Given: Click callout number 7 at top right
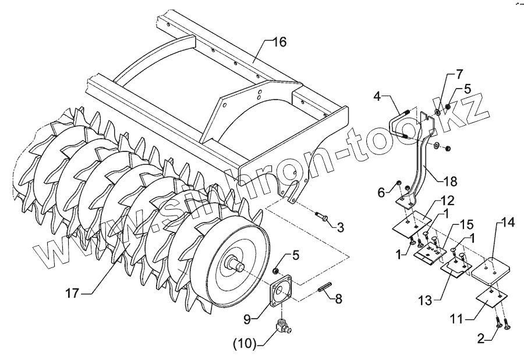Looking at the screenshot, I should [x=459, y=75].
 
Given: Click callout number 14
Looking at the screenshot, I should [x=508, y=223].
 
